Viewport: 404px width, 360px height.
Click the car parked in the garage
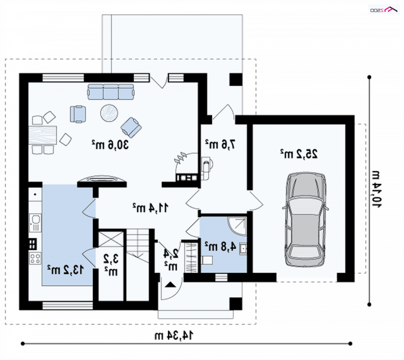pyautogui.click(x=306, y=220)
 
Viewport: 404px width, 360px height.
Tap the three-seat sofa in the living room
pyautogui.click(x=111, y=92)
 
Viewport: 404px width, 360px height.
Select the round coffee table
pyautogui.click(x=109, y=113)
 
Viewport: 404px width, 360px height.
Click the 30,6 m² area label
pyautogui.click(x=110, y=144)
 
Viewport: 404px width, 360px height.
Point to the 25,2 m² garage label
pyautogui.click(x=299, y=153)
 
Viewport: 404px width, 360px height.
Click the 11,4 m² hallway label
pyautogui.click(x=150, y=208)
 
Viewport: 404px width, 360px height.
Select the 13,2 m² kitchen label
pyautogui.click(x=66, y=270)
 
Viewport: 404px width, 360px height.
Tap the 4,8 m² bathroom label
pyautogui.click(x=220, y=246)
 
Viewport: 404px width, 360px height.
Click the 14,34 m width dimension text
pyautogui.click(x=174, y=336)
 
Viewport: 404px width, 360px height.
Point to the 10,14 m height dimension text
pyautogui.click(x=376, y=189)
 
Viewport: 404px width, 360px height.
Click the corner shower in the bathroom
pyautogui.click(x=237, y=226)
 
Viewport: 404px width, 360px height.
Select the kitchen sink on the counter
pyautogui.click(x=35, y=223)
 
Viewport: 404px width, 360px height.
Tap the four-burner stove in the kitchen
pyautogui.click(x=35, y=258)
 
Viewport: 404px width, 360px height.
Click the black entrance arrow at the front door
pyautogui.click(x=170, y=284)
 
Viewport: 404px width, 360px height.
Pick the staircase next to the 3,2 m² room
pyautogui.click(x=137, y=264)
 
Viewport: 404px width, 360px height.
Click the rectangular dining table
pyautogui.click(x=42, y=135)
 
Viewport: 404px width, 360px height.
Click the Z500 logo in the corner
pyautogui.click(x=384, y=10)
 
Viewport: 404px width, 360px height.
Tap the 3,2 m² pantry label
pyautogui.click(x=111, y=265)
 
